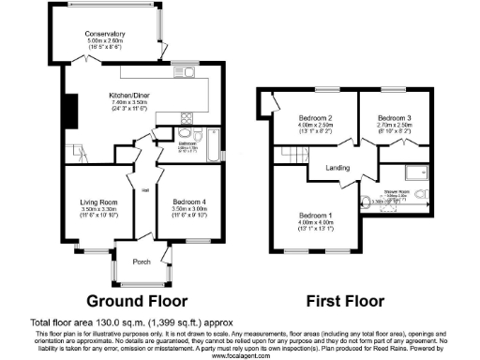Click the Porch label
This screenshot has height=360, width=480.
click(142, 262)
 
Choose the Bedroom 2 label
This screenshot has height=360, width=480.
click(296, 117)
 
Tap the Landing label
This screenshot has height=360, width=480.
click(337, 169)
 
